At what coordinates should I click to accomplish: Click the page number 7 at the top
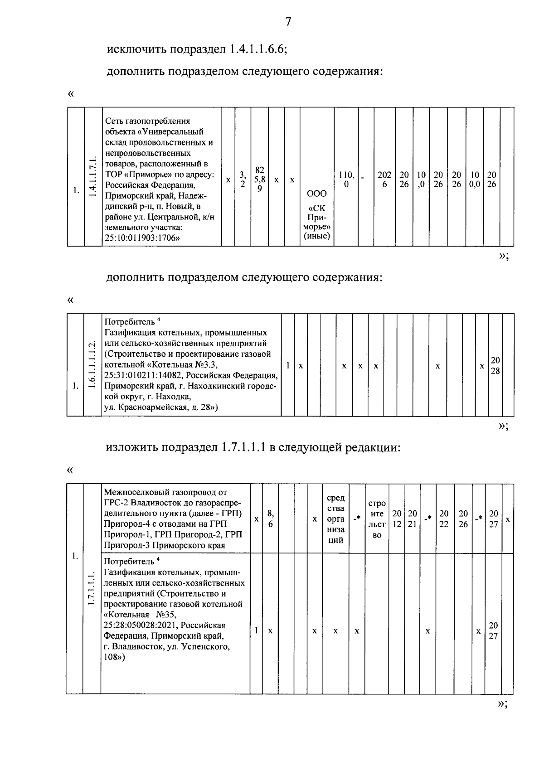click(x=288, y=22)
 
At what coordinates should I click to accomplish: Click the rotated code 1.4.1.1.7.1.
click(x=93, y=177)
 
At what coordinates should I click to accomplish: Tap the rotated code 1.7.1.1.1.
click(x=91, y=588)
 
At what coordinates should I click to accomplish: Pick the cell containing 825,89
click(x=259, y=179)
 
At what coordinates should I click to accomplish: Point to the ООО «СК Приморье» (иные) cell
click(x=316, y=214)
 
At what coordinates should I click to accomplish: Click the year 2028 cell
click(x=495, y=365)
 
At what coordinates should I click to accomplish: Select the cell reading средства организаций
click(x=335, y=519)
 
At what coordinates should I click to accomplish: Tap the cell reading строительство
click(x=377, y=519)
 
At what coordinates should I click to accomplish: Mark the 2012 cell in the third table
click(x=397, y=519)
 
